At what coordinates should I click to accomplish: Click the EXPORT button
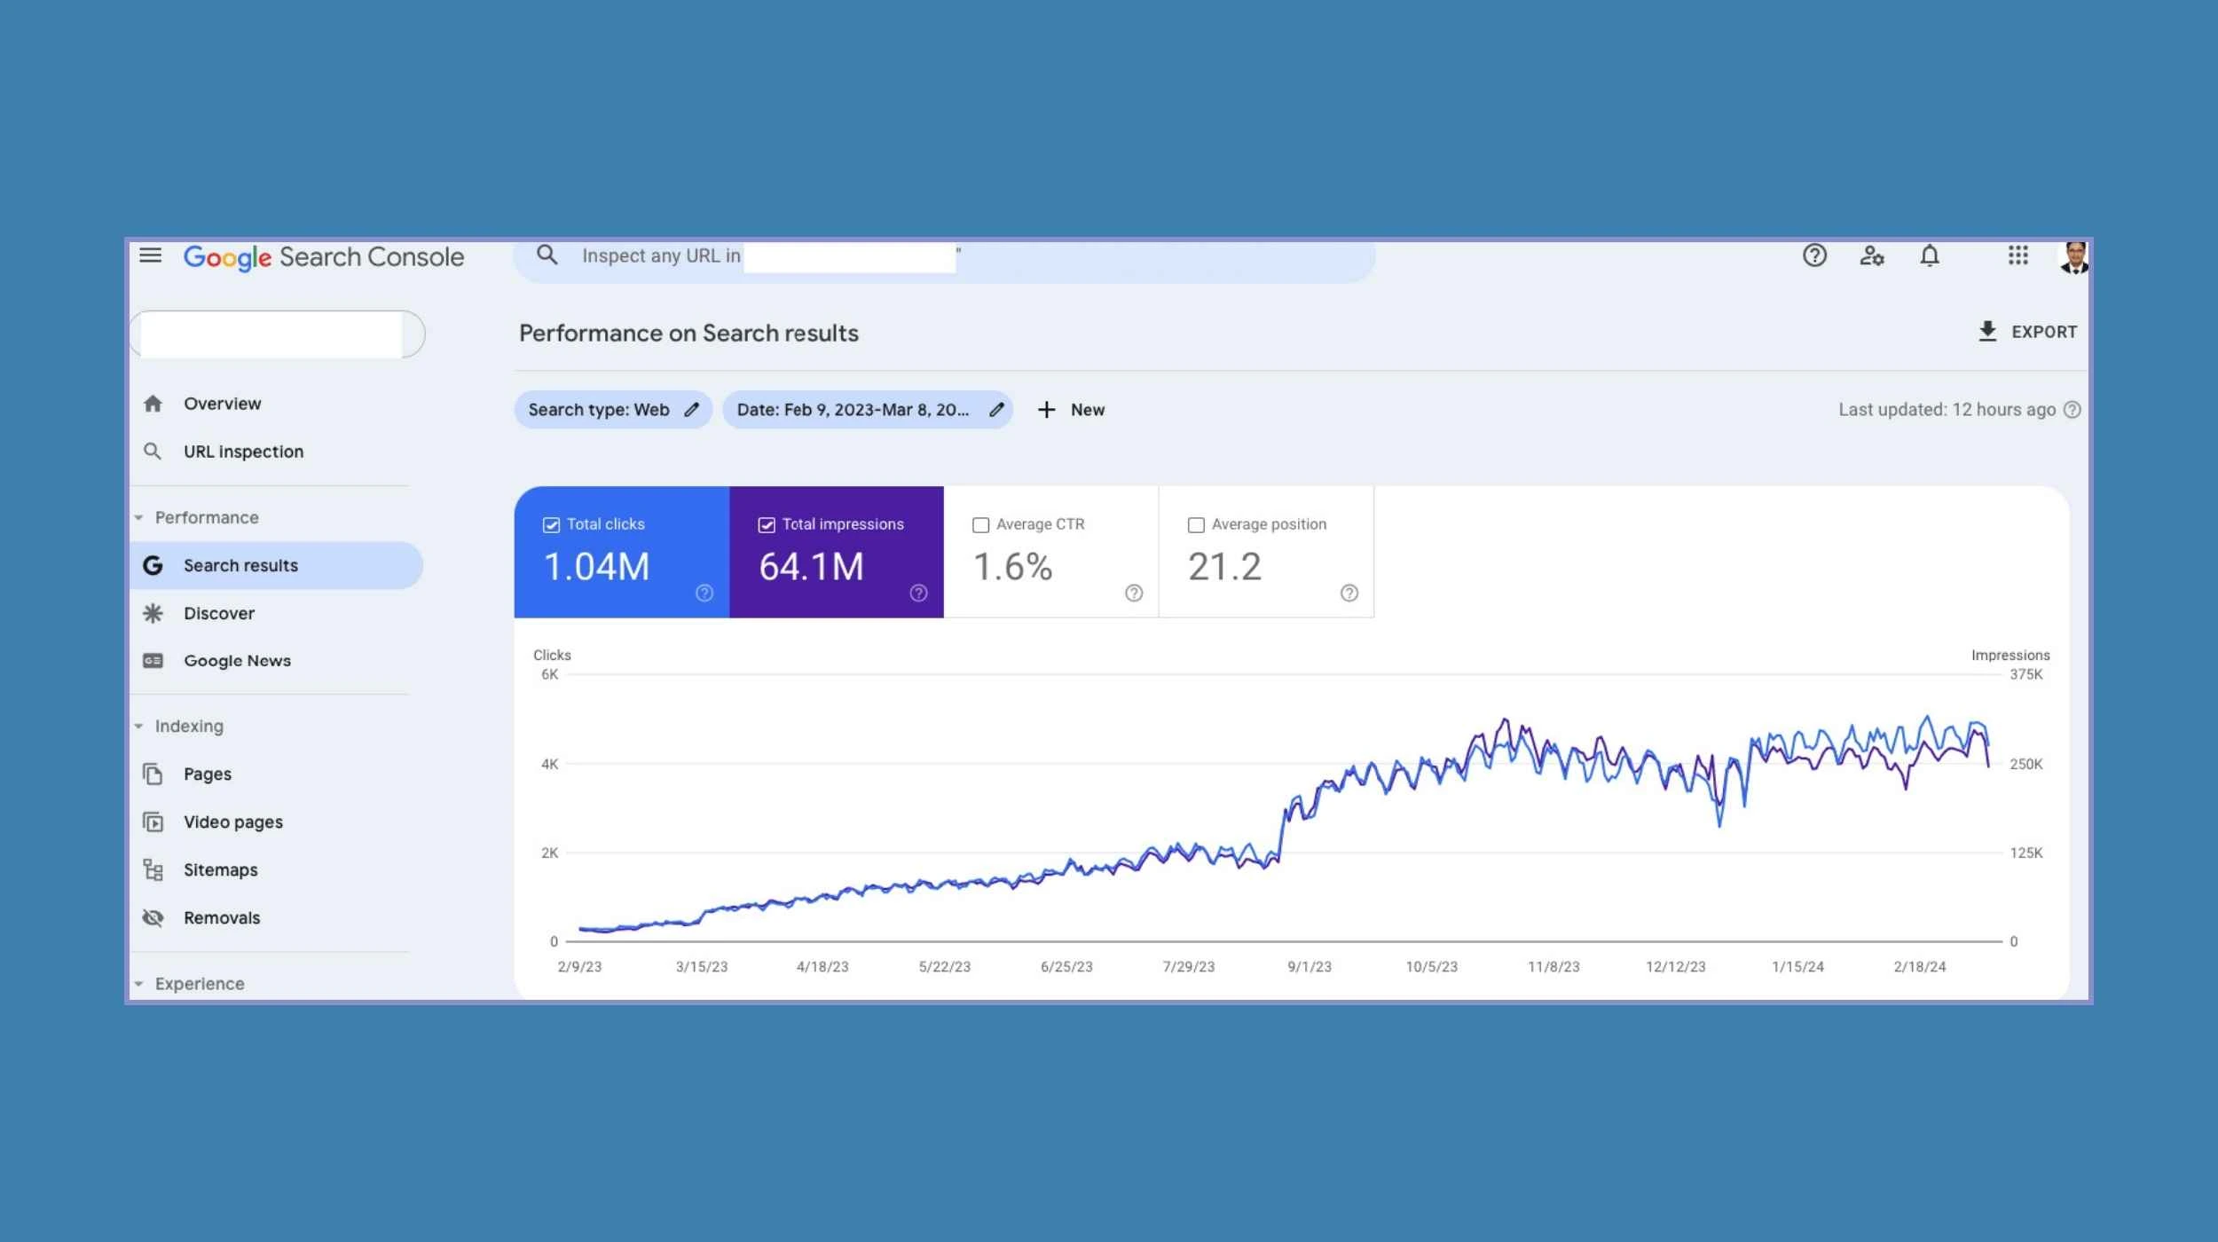[2027, 332]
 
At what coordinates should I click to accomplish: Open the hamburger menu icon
[151, 255]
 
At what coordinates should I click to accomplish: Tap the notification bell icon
[1930, 256]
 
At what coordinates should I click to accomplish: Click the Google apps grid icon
[2018, 256]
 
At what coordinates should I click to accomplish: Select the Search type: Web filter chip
[612, 410]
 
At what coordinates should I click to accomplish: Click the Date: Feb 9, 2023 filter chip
[866, 410]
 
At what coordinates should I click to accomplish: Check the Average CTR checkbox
[980, 525]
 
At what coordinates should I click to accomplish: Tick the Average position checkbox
[1196, 525]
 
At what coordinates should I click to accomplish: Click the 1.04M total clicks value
[596, 567]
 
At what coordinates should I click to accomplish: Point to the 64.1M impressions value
[811, 567]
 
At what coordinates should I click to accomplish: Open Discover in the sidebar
[218, 613]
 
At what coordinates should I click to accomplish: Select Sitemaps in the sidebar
[220, 870]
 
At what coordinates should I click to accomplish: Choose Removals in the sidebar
[222, 918]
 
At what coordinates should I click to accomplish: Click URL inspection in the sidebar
[243, 452]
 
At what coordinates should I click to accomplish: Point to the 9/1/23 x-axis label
[1310, 967]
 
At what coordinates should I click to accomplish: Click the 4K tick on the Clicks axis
[550, 764]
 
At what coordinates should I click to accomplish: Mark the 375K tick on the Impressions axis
[2026, 674]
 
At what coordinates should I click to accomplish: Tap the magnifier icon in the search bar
[547, 255]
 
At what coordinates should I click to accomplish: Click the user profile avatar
[2073, 258]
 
